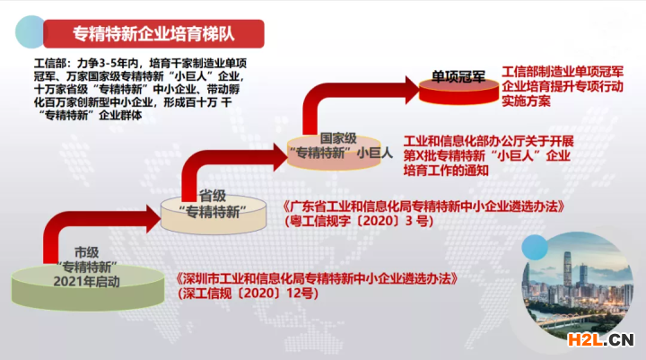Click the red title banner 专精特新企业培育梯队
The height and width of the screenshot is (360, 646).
[x=153, y=34]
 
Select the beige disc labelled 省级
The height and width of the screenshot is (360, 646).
[x=214, y=215]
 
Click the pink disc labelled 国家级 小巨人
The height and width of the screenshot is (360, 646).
[x=334, y=153]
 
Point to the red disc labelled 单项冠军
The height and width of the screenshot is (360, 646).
[x=458, y=91]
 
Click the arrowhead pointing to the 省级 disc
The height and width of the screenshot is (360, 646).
[x=153, y=218]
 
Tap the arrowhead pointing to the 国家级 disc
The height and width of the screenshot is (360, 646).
[x=280, y=157]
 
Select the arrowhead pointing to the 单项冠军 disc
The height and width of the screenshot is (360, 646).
[x=412, y=90]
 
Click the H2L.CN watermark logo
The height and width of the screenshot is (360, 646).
[x=600, y=339]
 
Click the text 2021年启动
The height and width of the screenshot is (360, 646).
[x=86, y=282]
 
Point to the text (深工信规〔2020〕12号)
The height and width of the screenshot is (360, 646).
[x=248, y=294]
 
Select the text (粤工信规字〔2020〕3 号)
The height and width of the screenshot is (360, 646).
[x=359, y=221]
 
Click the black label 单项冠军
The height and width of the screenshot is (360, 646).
[x=458, y=76]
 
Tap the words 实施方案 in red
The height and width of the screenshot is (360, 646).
[x=526, y=101]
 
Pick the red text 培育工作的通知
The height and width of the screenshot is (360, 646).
[x=446, y=171]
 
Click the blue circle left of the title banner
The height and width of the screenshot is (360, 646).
[x=30, y=31]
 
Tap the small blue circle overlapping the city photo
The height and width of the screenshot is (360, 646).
[x=535, y=248]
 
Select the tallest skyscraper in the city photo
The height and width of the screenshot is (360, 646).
[x=567, y=270]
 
